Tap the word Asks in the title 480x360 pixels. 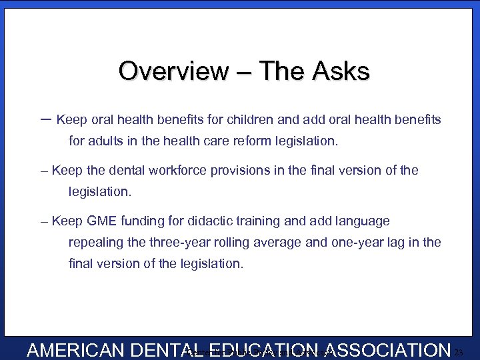(342, 71)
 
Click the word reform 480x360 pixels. (261, 141)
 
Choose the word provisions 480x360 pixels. (241, 170)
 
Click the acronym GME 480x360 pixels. (102, 221)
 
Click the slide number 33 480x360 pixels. (459, 352)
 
